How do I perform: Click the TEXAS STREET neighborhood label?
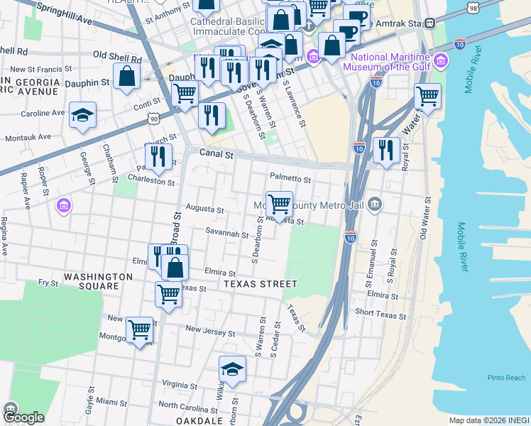260,284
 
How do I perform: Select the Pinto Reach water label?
507,378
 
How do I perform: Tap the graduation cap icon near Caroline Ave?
82,114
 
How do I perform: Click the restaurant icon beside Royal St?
385,150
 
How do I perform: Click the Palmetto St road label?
290,178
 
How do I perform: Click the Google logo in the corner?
23,417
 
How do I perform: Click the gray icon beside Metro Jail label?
375,205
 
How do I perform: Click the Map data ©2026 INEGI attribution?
488,420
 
